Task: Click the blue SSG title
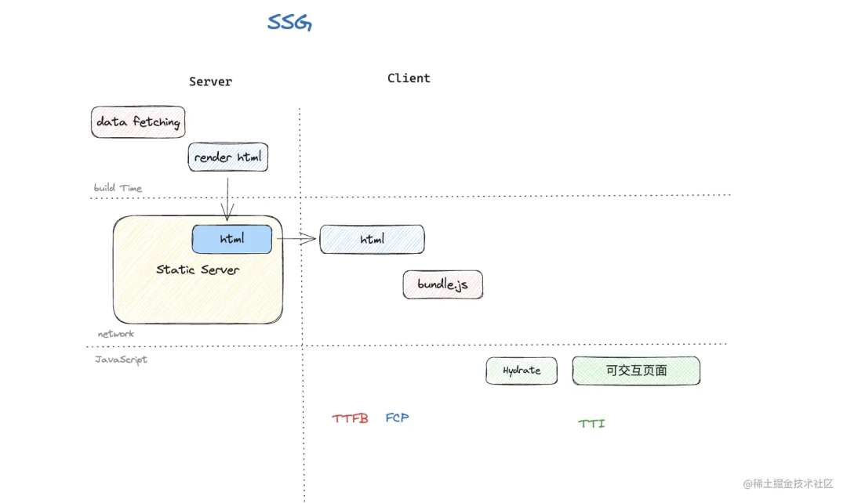point(289,22)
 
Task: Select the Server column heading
point(210,81)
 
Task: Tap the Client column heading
point(409,78)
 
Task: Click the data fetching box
point(138,122)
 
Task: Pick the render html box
point(228,157)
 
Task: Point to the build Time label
point(118,188)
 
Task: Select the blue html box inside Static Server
point(232,239)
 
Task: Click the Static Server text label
point(198,270)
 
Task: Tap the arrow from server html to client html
point(296,239)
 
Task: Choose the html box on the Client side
point(372,239)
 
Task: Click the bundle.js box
point(442,284)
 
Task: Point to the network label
point(115,334)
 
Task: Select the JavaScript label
point(121,360)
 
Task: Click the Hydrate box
point(522,371)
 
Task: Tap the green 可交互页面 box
point(636,371)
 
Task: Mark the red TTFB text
point(350,419)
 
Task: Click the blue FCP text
point(397,418)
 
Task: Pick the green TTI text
point(591,424)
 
